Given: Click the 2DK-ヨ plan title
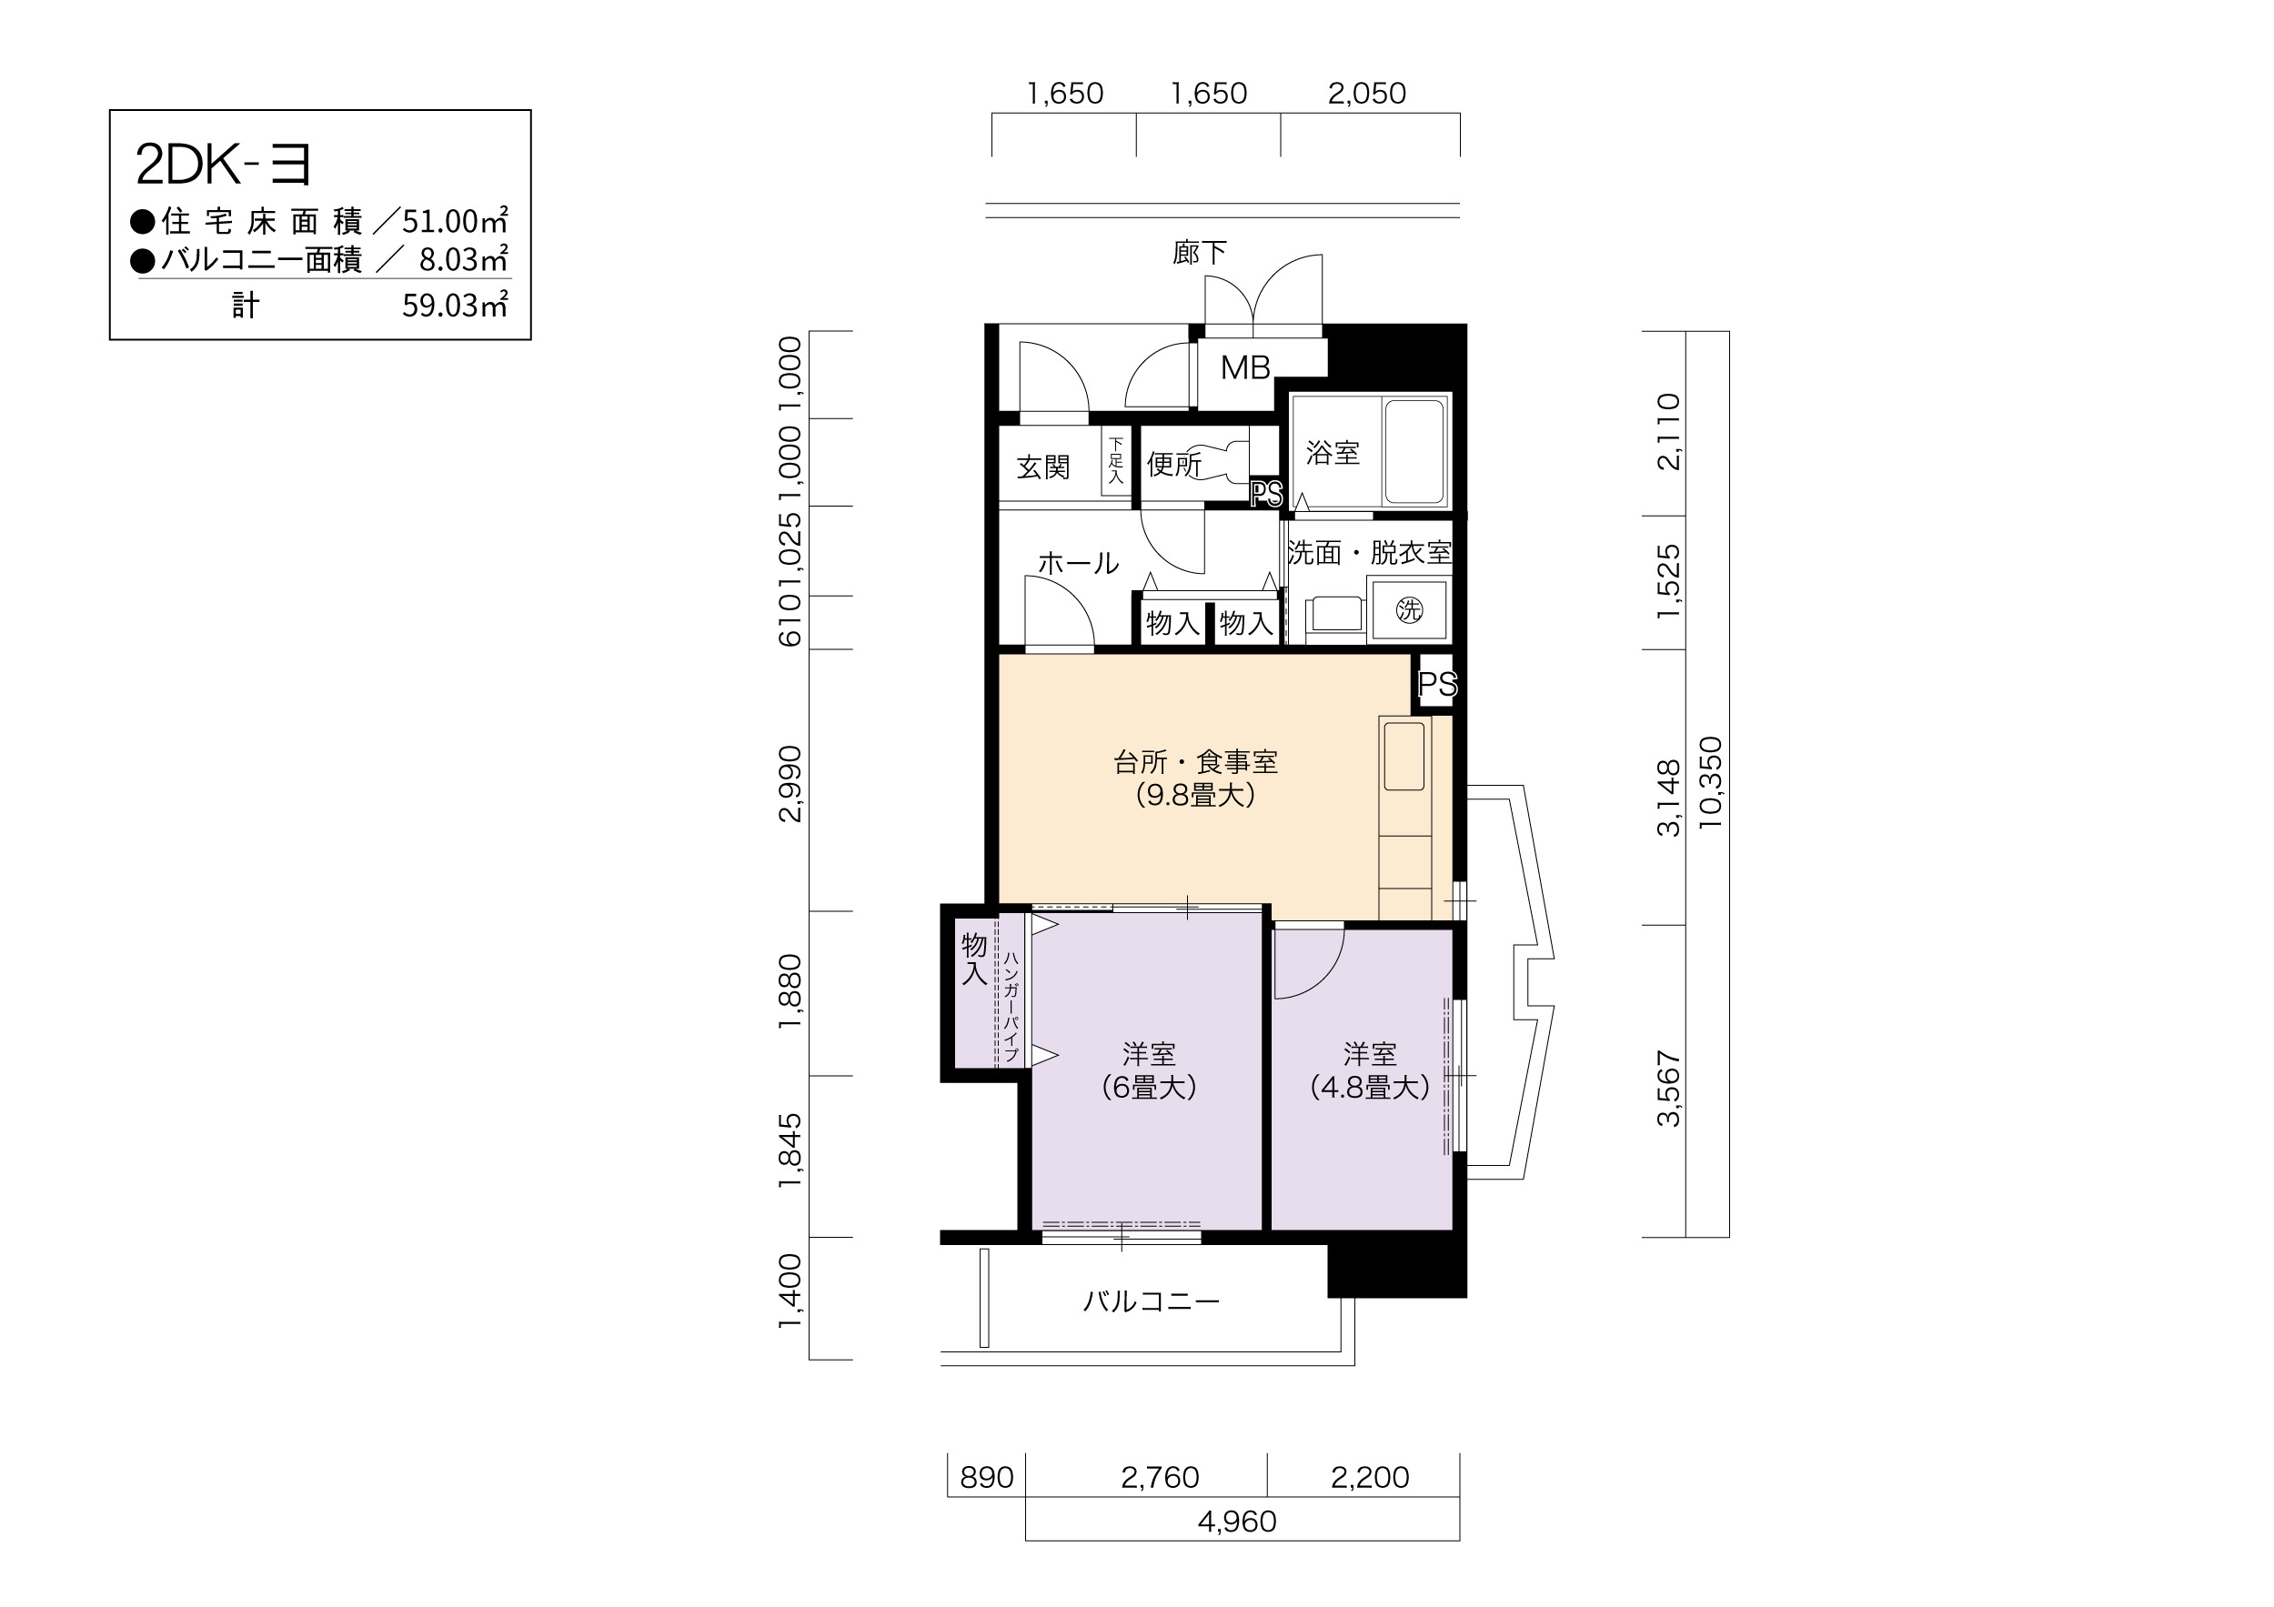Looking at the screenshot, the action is pyautogui.click(x=224, y=165).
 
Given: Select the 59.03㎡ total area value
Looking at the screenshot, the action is pyautogui.click(x=455, y=304).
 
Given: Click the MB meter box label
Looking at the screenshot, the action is pyautogui.click(x=1245, y=367).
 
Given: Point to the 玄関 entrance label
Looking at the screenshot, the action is pyautogui.click(x=1043, y=467).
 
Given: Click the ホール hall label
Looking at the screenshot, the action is pyautogui.click(x=1079, y=563).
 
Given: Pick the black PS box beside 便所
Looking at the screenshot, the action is pyautogui.click(x=1266, y=493).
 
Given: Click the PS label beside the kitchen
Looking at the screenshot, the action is pyautogui.click(x=1437, y=683).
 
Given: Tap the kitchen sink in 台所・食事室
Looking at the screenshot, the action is pyautogui.click(x=1404, y=757).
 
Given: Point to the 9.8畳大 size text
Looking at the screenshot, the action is pyautogui.click(x=1195, y=795).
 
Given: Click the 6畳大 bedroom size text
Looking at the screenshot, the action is pyautogui.click(x=1149, y=1087).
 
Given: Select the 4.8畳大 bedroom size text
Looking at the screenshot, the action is pyautogui.click(x=1370, y=1087).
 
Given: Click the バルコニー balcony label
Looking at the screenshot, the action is pyautogui.click(x=1151, y=1300).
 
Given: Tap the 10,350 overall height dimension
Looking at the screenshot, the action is pyautogui.click(x=1710, y=782).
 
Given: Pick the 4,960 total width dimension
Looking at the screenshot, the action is pyautogui.click(x=1237, y=1521).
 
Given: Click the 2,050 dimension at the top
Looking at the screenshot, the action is pyautogui.click(x=1367, y=93).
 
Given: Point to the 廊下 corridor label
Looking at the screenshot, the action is pyautogui.click(x=1200, y=253).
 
